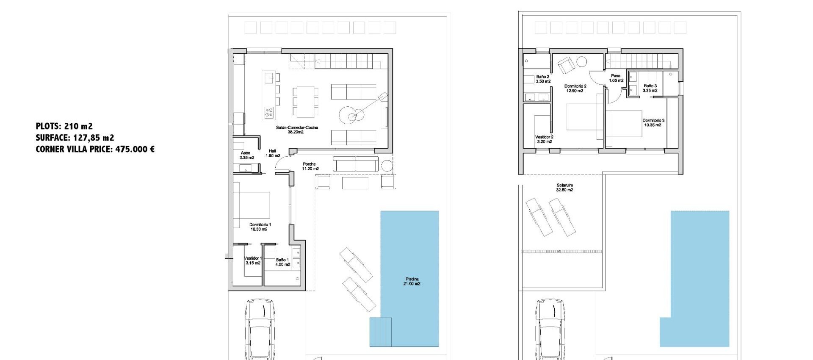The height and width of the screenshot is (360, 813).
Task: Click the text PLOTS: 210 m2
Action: coord(64,126)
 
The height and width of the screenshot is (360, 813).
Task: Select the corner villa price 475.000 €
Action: coord(95,149)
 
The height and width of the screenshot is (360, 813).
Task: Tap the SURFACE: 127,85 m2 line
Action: coord(75,138)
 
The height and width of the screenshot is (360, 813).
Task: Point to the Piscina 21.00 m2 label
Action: coord(412,281)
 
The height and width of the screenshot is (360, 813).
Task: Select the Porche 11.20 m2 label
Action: coord(310,166)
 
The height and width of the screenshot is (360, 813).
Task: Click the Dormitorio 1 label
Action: coord(260,227)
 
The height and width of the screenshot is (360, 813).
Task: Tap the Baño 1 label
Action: coord(282,262)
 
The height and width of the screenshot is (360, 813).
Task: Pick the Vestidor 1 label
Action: coord(253,260)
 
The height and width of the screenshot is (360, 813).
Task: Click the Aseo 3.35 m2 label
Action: coord(246,155)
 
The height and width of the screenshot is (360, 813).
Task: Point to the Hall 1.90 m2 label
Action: coord(273,153)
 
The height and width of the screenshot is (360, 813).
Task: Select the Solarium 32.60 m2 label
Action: coord(564,188)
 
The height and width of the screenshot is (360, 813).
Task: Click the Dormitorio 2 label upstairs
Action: coord(575,88)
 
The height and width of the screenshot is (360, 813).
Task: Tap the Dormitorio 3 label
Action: coord(653,122)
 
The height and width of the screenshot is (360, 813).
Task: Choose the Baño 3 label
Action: coord(650,88)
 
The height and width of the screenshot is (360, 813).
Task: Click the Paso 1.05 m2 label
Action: coord(616,78)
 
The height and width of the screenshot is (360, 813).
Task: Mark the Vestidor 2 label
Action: coord(544,139)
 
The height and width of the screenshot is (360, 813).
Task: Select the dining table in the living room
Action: coord(305,101)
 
